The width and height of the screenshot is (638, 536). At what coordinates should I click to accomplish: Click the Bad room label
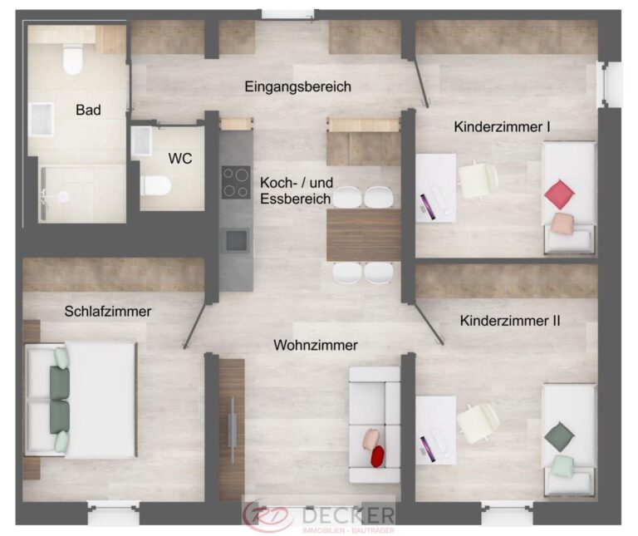(88, 110)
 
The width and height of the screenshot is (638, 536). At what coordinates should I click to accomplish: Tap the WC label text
(179, 159)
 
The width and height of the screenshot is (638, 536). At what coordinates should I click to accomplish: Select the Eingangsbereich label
(298, 86)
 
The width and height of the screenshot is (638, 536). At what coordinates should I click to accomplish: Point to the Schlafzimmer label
(108, 312)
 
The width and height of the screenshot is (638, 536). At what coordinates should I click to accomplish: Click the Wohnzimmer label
(316, 345)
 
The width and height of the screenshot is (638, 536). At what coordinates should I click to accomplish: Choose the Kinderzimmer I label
(502, 127)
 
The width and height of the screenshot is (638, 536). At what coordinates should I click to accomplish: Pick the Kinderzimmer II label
(510, 321)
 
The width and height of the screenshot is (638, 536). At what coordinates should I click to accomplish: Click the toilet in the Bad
(73, 60)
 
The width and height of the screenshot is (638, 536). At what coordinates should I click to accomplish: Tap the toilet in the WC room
(155, 185)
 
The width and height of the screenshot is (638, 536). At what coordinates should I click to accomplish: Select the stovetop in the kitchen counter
(236, 182)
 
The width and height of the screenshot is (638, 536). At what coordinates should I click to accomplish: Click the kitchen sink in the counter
(236, 240)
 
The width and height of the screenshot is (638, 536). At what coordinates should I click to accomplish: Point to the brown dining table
(364, 235)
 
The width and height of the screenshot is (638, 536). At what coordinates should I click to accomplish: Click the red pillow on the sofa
(378, 456)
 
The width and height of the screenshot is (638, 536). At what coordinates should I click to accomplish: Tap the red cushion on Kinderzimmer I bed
(559, 194)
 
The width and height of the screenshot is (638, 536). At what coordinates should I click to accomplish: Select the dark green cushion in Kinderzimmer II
(559, 437)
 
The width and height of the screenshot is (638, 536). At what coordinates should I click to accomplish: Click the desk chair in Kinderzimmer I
(478, 179)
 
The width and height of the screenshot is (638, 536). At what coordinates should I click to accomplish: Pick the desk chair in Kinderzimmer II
(478, 423)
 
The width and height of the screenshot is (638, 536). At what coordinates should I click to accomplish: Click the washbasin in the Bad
(41, 120)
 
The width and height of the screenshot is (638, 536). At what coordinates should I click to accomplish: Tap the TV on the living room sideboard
(233, 430)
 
